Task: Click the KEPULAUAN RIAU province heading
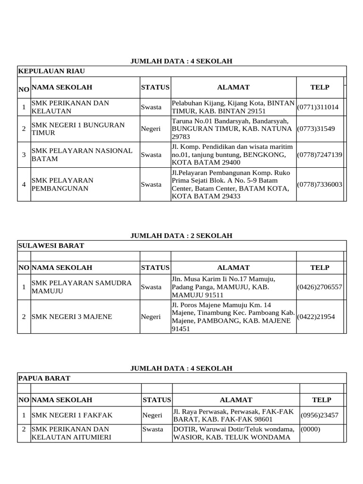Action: coord(52,71)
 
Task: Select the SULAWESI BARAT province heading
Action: coord(51,246)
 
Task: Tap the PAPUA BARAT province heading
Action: coord(44,378)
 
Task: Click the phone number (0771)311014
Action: coord(318,107)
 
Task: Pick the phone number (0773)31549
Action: coord(316,129)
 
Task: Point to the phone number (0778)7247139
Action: coord(320,155)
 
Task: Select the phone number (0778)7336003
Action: coord(320,184)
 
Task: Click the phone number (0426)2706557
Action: coord(320,287)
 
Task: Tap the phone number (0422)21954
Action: coord(316,316)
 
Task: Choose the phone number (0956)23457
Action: coord(320,415)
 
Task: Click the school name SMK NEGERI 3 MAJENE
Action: coord(72,316)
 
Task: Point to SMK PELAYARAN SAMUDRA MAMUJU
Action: coord(81,287)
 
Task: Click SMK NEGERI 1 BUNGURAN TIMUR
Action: coord(78,129)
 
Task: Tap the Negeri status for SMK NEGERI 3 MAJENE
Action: coord(151,316)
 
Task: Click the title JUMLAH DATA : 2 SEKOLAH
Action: coord(181,236)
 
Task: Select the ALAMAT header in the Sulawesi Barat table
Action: coord(233,268)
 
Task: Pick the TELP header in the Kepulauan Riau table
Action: coord(320,87)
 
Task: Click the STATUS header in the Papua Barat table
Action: coord(156,400)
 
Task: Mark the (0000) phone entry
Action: coord(310,429)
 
